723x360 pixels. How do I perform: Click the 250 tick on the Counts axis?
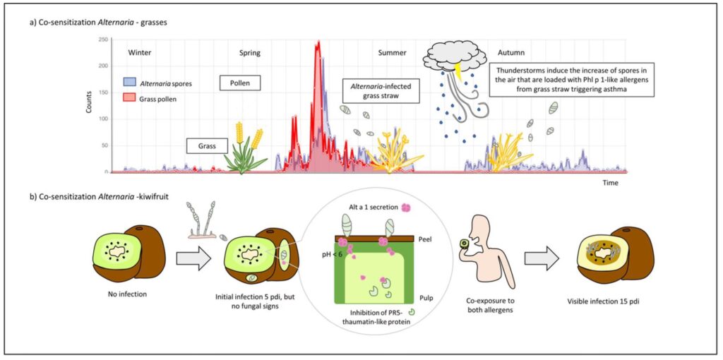click(x=102, y=40)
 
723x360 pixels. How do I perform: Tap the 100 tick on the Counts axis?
click(x=102, y=119)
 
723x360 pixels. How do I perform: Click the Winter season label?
click(x=139, y=53)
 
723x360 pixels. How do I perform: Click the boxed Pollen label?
click(x=240, y=83)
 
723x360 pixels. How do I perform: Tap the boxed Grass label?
click(x=207, y=146)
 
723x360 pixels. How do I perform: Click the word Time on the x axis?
click(x=610, y=183)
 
